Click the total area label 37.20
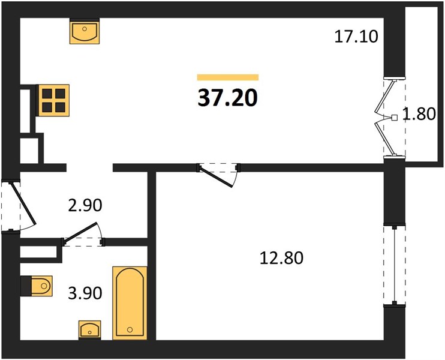(228, 98)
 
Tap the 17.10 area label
(356, 37)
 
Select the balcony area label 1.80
(419, 114)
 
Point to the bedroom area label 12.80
(281, 258)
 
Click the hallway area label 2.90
(85, 205)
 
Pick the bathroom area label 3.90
(85, 293)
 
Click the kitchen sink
(85, 31)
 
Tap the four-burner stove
(53, 100)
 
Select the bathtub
(130, 303)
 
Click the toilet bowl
(41, 286)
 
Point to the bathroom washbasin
(90, 329)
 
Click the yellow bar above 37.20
(228, 77)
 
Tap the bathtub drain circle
(130, 329)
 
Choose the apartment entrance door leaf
(23, 203)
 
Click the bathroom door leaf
(80, 233)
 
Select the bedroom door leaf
(217, 178)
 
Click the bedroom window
(395, 265)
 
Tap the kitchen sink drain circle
(85, 29)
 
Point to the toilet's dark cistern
(26, 286)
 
